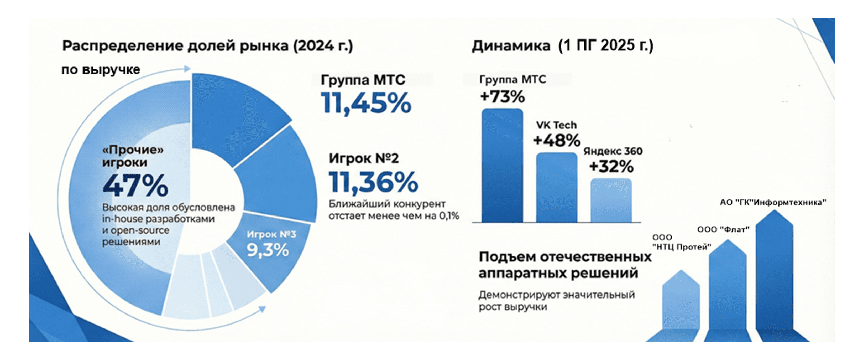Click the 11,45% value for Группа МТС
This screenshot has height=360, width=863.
click(x=366, y=103)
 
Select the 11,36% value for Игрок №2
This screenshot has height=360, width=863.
click(x=373, y=182)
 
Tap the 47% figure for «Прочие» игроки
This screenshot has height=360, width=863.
click(x=135, y=185)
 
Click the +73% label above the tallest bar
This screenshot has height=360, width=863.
click(x=502, y=97)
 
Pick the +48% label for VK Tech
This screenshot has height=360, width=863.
click(x=556, y=140)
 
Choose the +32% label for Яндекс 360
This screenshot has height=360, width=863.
click(x=611, y=166)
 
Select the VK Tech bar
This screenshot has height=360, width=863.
click(x=556, y=188)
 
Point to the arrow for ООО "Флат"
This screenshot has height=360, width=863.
click(x=728, y=288)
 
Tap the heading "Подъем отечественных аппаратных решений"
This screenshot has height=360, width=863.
click(x=565, y=265)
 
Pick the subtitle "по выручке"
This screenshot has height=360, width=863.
click(x=101, y=70)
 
